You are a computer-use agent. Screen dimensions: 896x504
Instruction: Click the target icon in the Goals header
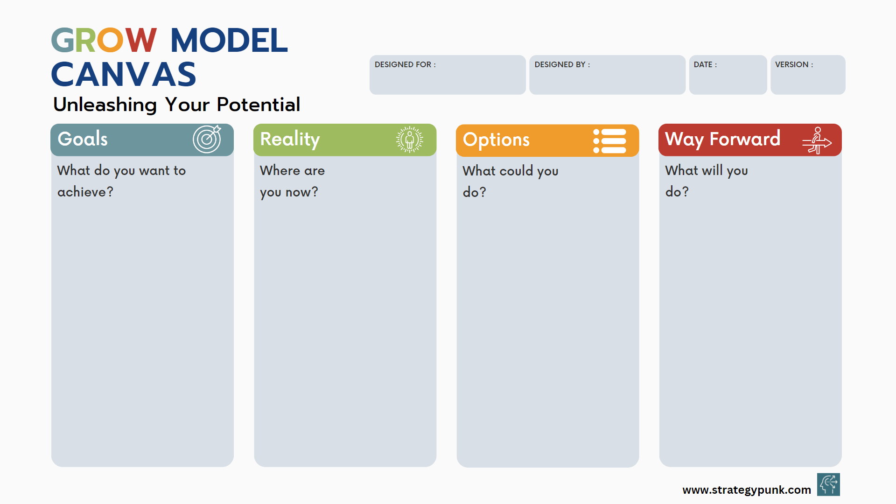pos(207,139)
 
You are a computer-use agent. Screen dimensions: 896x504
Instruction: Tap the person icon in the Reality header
pos(410,140)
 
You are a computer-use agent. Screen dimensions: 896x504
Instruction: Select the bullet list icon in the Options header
pos(609,141)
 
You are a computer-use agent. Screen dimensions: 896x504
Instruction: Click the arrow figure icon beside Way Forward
pos(817,140)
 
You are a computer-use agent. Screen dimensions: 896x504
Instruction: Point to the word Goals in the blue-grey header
pos(83,139)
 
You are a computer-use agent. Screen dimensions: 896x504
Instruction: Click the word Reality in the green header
pos(290,140)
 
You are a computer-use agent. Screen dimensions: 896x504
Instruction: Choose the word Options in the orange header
pos(496,140)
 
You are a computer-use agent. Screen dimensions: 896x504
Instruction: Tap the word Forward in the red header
pos(745,139)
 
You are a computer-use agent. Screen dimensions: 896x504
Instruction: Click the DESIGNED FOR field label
pos(405,64)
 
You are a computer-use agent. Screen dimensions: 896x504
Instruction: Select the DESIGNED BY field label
pos(562,64)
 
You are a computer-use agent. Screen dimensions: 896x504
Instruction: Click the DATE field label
pos(705,64)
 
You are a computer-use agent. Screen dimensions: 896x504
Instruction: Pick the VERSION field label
pos(794,64)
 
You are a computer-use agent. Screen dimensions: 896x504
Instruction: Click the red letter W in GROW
pos(140,40)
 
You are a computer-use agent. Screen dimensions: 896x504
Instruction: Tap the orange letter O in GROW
pos(110,40)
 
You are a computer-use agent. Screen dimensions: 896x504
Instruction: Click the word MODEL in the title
pos(229,40)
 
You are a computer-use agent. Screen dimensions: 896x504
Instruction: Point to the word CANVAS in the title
pos(124,75)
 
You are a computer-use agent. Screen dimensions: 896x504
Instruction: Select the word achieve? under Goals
pos(85,192)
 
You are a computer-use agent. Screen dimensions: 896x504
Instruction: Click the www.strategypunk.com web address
pos(747,490)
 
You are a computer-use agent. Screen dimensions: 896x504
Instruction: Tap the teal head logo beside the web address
pos(828,484)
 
